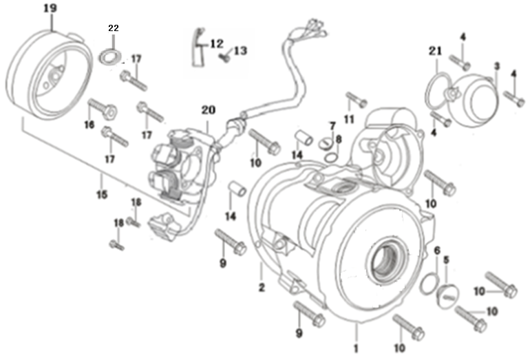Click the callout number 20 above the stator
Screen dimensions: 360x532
[x=209, y=110]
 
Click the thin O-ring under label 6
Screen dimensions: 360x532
[x=427, y=281]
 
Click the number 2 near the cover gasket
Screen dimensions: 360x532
[x=262, y=286]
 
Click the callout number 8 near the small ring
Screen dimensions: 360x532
[x=338, y=140]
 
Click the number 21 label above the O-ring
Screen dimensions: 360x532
[x=434, y=50]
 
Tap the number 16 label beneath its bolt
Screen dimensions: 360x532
[x=89, y=125]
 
